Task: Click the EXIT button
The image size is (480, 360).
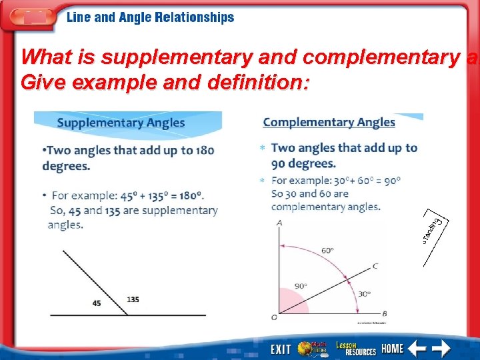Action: pyautogui.click(x=281, y=349)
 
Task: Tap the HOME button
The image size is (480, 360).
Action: pyautogui.click(x=393, y=348)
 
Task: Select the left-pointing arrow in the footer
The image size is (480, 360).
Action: pyautogui.click(x=417, y=348)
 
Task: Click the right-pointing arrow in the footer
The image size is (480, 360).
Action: pyautogui.click(x=441, y=348)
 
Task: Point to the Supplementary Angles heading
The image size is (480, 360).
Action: pyautogui.click(x=121, y=123)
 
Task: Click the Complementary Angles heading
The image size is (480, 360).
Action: pyautogui.click(x=329, y=123)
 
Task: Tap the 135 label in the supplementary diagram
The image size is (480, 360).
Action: pyautogui.click(x=133, y=299)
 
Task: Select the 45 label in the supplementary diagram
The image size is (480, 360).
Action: pyautogui.click(x=97, y=303)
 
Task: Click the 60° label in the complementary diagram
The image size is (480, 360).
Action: pyautogui.click(x=327, y=250)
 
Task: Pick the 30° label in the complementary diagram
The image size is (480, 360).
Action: pyautogui.click(x=364, y=293)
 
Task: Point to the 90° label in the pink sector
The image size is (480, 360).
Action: pyautogui.click(x=301, y=286)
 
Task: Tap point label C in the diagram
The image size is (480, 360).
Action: pyautogui.click(x=375, y=266)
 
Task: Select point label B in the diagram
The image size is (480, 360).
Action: pyautogui.click(x=385, y=314)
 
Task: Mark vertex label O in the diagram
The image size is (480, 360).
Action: pyautogui.click(x=274, y=317)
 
